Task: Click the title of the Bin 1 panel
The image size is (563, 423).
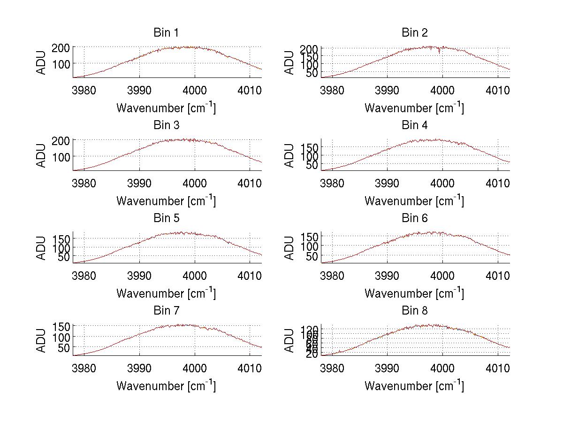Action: [x=166, y=33]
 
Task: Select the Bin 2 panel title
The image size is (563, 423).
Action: [x=415, y=33]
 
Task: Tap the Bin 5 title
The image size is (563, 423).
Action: [x=166, y=218]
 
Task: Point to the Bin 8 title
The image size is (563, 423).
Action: [x=415, y=311]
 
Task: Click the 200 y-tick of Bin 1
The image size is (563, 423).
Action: [x=63, y=47]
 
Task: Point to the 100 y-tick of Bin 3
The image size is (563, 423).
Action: [x=63, y=156]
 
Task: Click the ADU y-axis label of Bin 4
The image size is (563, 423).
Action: [x=290, y=154]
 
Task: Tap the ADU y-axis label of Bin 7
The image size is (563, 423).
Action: [x=42, y=340]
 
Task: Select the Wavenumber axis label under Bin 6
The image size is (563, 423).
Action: [x=414, y=293]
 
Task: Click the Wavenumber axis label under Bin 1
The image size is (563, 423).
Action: [x=166, y=108]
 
